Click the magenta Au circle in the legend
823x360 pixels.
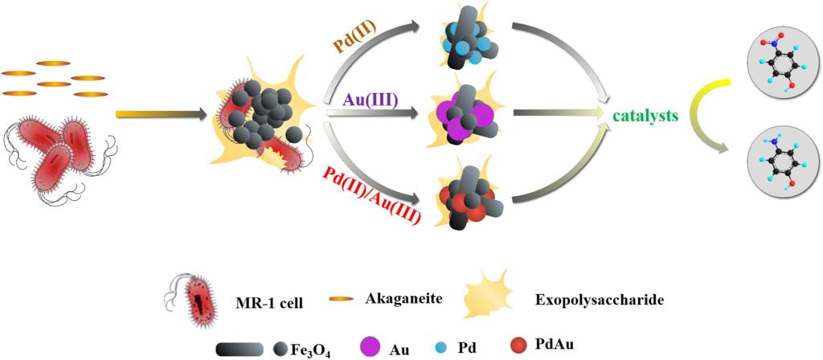[x=375, y=346]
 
